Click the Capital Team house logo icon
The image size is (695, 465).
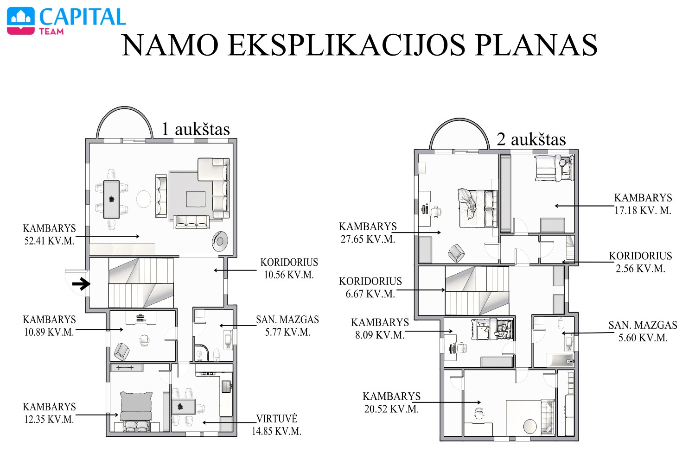coord(21,21)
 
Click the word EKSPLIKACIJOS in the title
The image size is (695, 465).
coord(346,45)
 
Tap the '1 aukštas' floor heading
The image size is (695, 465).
coord(196,129)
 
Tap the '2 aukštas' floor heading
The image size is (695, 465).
coord(531,139)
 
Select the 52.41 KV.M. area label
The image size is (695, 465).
coord(49,241)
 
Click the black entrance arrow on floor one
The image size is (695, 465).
coord(81,283)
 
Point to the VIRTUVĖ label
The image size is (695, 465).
coord(277,419)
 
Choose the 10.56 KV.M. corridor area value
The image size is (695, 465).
coord(289,275)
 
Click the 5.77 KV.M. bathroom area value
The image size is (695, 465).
coord(287,333)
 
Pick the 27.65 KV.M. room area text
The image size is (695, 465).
coord(368,239)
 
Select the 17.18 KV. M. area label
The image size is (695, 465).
coord(643,210)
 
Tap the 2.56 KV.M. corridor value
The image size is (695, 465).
coord(640,269)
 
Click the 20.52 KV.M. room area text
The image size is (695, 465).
coord(392,409)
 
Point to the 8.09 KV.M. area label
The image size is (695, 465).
coord(380,335)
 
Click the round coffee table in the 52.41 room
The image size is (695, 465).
coord(143,199)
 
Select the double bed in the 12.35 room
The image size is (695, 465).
coord(136,411)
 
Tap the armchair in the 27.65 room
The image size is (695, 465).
coord(456,253)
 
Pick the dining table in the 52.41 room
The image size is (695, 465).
coord(111,199)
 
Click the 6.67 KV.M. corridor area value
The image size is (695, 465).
coord(370,294)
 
